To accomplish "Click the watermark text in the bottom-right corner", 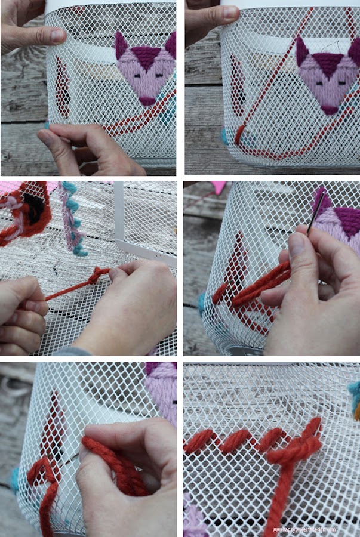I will tap(304, 529).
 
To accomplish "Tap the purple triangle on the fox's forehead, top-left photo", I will tap(144, 57).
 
